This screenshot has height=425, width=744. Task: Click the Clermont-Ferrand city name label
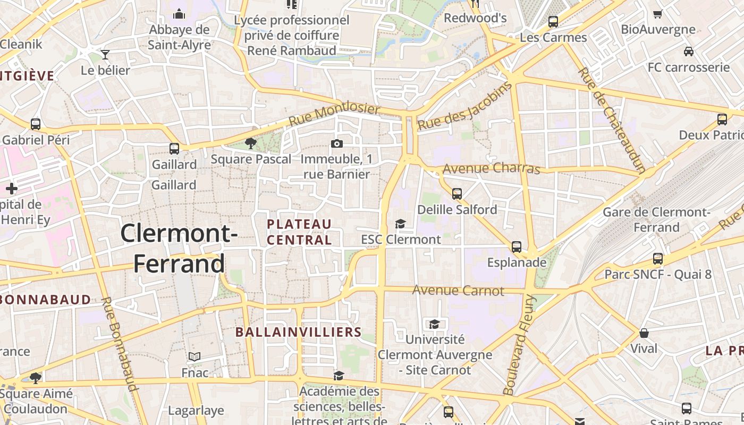point(179,248)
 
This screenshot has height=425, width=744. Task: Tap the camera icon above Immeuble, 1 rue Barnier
point(336,143)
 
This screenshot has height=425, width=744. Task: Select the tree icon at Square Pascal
point(250,143)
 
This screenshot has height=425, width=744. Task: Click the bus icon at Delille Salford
point(457,194)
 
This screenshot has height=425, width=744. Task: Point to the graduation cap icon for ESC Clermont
point(400,224)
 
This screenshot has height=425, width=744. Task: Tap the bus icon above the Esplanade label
point(517,247)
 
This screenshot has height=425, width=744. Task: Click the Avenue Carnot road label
point(458,291)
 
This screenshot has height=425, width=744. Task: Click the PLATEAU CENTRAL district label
point(300,232)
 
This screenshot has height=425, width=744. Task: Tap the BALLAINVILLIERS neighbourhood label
point(298,333)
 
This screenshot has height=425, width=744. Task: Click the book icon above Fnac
point(195,357)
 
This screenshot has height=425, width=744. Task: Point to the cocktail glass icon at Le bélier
point(105,54)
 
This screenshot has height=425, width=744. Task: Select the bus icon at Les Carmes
point(553,22)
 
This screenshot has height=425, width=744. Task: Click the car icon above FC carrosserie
point(689,52)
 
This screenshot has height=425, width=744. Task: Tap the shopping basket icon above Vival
point(644,333)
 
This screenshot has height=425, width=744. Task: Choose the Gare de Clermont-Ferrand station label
point(656,220)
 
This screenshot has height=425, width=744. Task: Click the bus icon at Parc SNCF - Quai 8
point(658,259)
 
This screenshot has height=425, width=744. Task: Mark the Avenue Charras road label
point(491,168)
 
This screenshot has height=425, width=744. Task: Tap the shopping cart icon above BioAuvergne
point(658,14)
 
